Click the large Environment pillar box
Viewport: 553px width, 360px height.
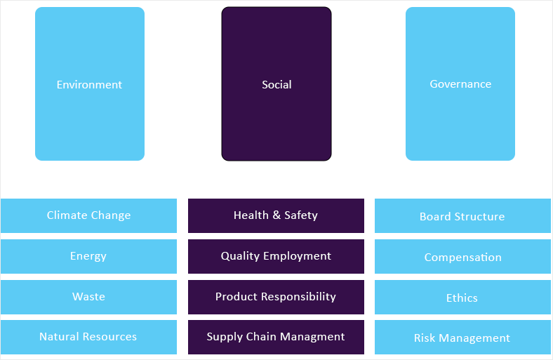[x=90, y=84]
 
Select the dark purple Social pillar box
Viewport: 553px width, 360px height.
[x=276, y=84]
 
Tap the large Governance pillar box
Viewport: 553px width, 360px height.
[x=460, y=84]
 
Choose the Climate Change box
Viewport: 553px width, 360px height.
[x=88, y=215]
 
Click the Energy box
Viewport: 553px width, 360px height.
[x=88, y=256]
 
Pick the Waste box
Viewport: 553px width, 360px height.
[x=88, y=297]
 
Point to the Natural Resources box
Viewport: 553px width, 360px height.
[x=88, y=337]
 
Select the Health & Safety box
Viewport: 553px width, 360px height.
[x=276, y=215]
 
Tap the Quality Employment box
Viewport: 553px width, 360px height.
[x=276, y=256]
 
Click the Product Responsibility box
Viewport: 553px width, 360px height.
[x=276, y=297]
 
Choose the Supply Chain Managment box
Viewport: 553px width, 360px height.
[x=276, y=337]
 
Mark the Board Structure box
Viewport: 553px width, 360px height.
[x=462, y=216]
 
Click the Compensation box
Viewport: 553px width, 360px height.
[x=462, y=257]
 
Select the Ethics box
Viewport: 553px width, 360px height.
[x=462, y=298]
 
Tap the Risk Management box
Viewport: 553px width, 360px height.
[x=462, y=338]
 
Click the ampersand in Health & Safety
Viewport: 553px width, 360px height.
[x=276, y=215]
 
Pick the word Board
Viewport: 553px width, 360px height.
[x=436, y=216]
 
